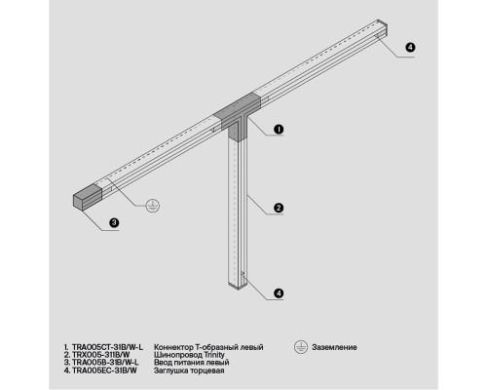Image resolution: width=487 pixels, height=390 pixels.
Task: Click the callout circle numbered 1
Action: coord(279,130)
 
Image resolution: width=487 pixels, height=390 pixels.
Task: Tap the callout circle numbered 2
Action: coord(279,208)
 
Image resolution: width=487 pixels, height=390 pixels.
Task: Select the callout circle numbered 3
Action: coord(114,223)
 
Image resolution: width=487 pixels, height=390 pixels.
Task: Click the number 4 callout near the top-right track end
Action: coord(410,48)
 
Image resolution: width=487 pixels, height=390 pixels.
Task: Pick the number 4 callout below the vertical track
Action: coord(279,293)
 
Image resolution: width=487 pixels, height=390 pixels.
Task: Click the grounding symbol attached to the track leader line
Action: coord(153,206)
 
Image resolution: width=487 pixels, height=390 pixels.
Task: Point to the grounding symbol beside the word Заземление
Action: coord(301,347)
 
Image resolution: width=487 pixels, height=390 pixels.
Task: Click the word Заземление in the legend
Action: coord(334,347)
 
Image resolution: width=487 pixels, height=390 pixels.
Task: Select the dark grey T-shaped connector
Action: coord(238,116)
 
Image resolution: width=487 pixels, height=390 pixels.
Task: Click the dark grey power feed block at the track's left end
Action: coord(88,197)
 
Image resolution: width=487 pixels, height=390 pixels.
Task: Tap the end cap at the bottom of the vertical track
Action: coord(239,285)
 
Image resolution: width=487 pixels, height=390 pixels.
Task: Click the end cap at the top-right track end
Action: coord(383,26)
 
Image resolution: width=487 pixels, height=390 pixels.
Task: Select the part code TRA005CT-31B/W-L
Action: coord(107,347)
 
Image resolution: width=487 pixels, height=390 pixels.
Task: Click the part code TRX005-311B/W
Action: coord(100,355)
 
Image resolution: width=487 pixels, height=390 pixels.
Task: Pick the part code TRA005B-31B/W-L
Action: coord(105,363)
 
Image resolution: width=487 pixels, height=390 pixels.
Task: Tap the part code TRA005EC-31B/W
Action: coord(104,370)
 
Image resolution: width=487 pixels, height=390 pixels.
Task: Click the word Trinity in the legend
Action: coord(214,355)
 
